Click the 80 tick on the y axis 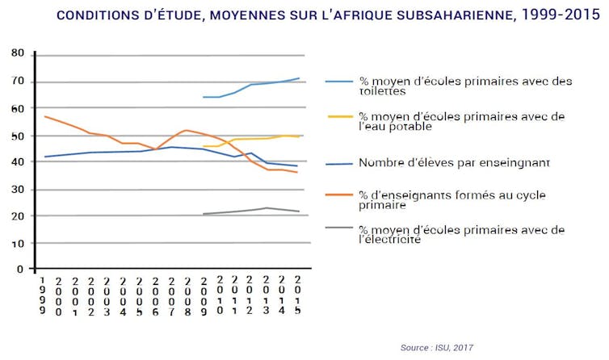pyautogui.click(x=17, y=53)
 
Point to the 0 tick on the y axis pyautogui.click(x=20, y=270)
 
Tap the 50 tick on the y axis pyautogui.click(x=17, y=136)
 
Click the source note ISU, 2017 pyautogui.click(x=437, y=348)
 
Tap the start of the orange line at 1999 pyautogui.click(x=45, y=116)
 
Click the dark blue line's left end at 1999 pyautogui.click(x=45, y=157)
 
